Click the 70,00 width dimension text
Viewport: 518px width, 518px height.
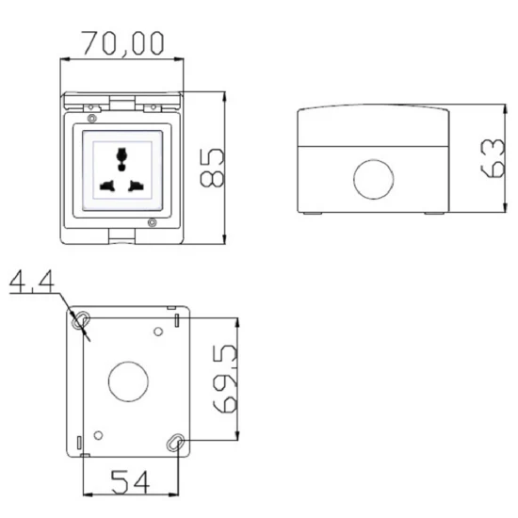pos(122,42)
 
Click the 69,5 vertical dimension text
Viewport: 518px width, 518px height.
pos(223,380)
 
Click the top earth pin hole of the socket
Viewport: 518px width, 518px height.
pos(121,154)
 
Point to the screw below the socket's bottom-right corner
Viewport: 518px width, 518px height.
pos(152,223)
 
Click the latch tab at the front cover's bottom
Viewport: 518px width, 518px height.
pos(121,238)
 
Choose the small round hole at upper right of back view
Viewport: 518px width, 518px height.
pos(157,331)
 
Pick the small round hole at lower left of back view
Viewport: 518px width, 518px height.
pos(98,435)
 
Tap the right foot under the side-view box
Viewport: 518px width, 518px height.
pos(432,214)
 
